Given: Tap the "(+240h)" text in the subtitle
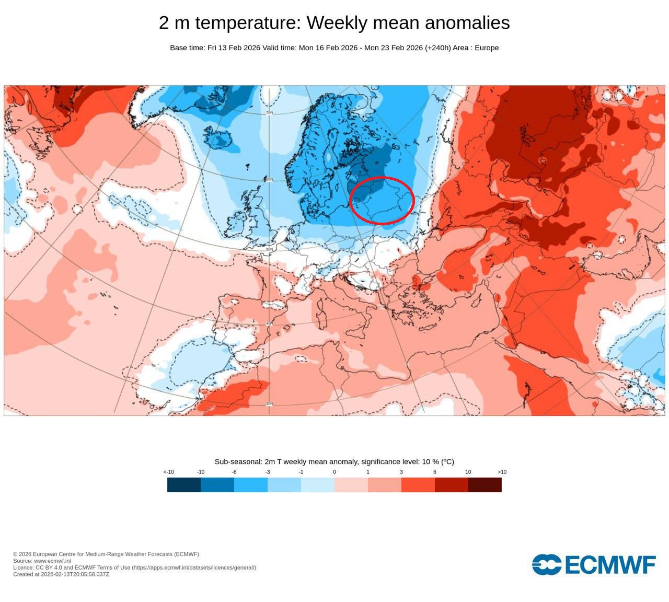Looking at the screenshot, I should point(437,48).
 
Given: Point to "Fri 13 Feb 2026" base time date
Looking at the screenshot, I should point(234,48).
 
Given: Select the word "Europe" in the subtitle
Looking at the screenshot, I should point(487,48).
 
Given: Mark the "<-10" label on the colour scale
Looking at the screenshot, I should point(168,472).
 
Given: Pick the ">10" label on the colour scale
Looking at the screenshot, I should point(502,472).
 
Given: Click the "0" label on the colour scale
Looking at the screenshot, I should point(334,472).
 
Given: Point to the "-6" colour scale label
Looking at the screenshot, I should point(234,472).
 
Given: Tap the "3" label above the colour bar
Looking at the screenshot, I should point(401,472).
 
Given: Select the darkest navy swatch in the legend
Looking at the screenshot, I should point(184,485).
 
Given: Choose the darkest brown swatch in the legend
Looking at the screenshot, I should point(485,485).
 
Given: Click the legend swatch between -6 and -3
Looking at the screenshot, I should point(251,485).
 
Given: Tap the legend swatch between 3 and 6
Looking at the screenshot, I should point(418,485).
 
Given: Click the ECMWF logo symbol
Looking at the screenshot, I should point(547,564).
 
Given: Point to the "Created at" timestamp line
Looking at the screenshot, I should point(61,574).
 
